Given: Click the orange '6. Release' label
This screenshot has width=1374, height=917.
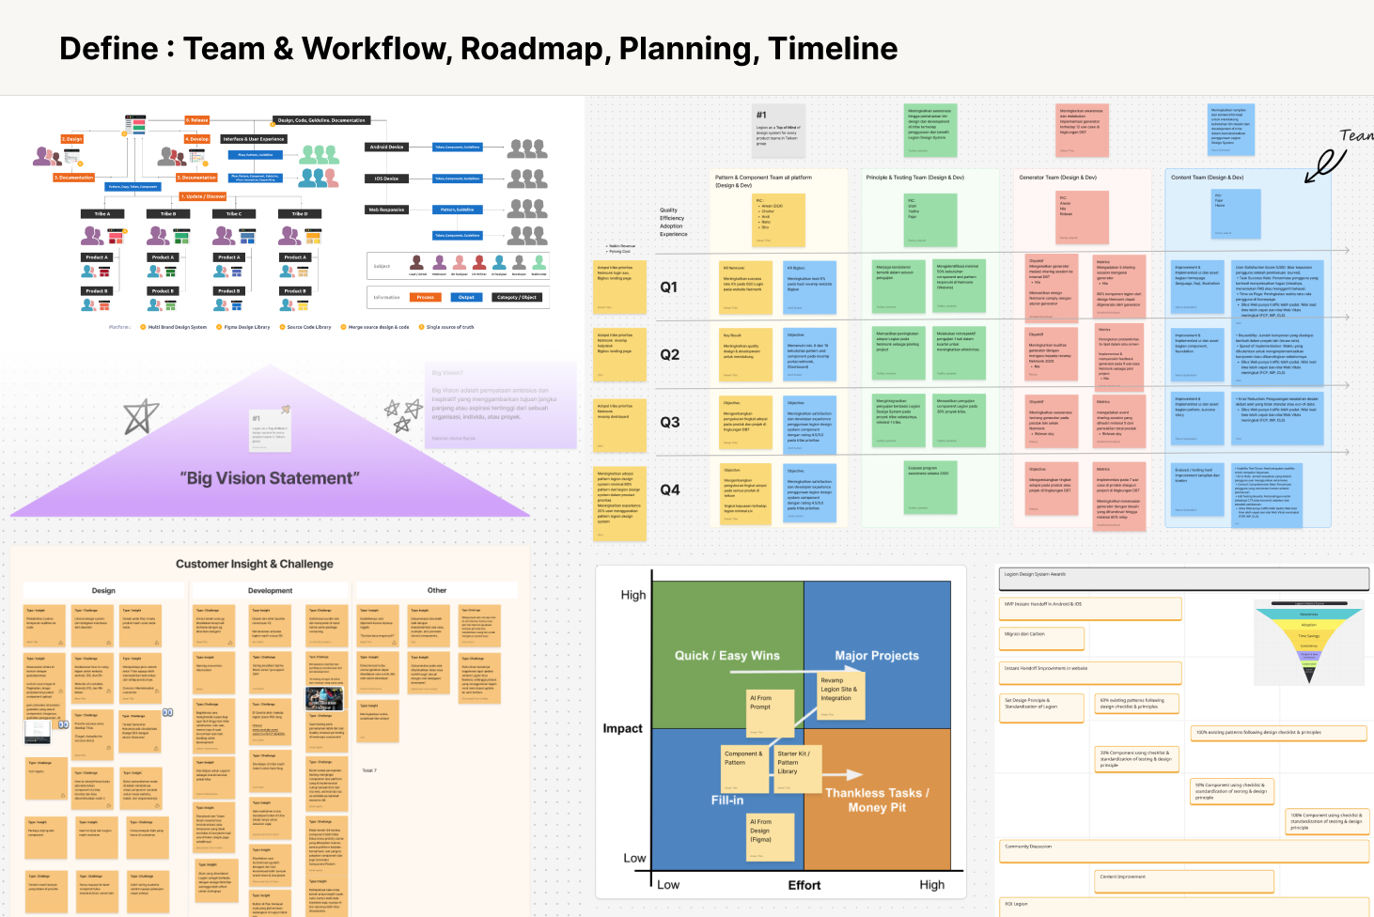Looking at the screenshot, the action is tap(197, 120).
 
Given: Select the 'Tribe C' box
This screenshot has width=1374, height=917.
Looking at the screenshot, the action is tap(234, 214).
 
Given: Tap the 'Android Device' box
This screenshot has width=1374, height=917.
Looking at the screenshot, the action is tap(387, 147).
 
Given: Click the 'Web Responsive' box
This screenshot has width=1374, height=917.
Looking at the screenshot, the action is tap(387, 210).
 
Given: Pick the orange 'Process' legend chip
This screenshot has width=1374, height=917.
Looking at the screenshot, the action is tap(426, 297).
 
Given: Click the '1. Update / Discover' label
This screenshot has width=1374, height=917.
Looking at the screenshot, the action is tap(204, 196).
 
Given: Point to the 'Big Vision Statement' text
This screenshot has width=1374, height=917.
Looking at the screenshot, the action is tap(270, 478).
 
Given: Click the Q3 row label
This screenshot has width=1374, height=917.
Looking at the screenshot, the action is tap(669, 423).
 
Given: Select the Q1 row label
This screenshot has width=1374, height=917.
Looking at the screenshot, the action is tap(669, 288).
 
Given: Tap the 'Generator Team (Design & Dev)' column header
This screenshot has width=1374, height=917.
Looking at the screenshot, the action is tap(1057, 178).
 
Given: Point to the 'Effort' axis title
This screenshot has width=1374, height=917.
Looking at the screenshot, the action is tap(804, 885).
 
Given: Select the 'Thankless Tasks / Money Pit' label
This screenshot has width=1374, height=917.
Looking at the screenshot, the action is tap(877, 800).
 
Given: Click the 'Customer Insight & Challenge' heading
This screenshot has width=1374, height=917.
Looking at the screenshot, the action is tap(255, 564).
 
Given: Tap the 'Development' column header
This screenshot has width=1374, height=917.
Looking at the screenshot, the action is tap(270, 591).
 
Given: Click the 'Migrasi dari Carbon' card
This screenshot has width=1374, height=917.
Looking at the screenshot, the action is tap(1041, 638).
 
